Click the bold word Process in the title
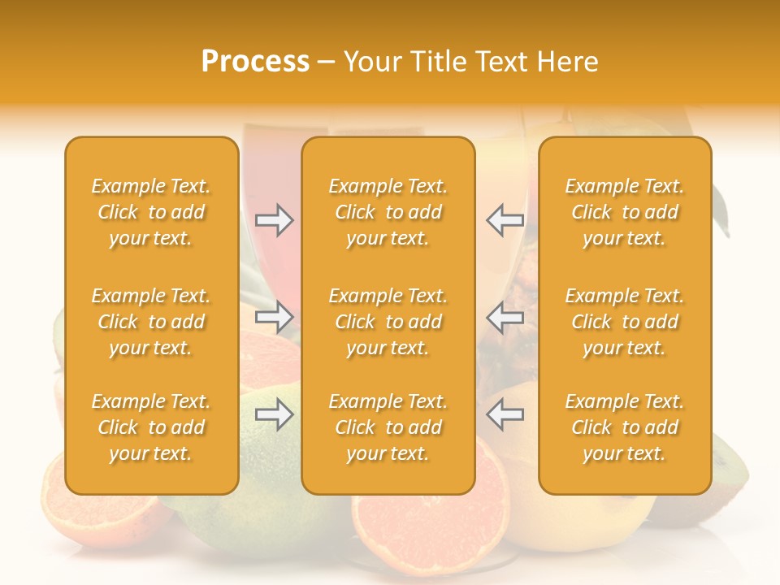pyautogui.click(x=255, y=62)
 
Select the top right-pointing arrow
pyautogui.click(x=274, y=220)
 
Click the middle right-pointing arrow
pyautogui.click(x=274, y=317)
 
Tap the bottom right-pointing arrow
pyautogui.click(x=274, y=415)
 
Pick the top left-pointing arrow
pyautogui.click(x=505, y=220)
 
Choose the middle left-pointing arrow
pyautogui.click(x=505, y=317)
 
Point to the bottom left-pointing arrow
pyautogui.click(x=505, y=415)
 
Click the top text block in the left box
pyautogui.click(x=151, y=212)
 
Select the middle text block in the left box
pyautogui.click(x=151, y=322)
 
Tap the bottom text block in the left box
pyautogui.click(x=151, y=427)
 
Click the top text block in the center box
pyautogui.click(x=388, y=212)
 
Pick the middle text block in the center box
pyautogui.click(x=388, y=322)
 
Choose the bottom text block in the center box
pyautogui.click(x=388, y=427)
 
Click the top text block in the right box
pyautogui.click(x=624, y=212)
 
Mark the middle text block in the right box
pyautogui.click(x=624, y=322)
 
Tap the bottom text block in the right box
pyautogui.click(x=624, y=427)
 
